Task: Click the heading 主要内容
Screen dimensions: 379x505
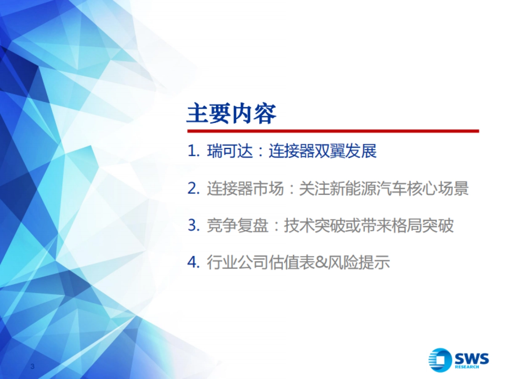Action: pos(231,114)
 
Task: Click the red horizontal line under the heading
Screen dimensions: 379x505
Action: pos(332,131)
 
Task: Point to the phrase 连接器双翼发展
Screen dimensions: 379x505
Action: pos(323,152)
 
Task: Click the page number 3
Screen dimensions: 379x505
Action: pos(32,366)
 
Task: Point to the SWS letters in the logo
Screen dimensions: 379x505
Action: pos(471,358)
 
